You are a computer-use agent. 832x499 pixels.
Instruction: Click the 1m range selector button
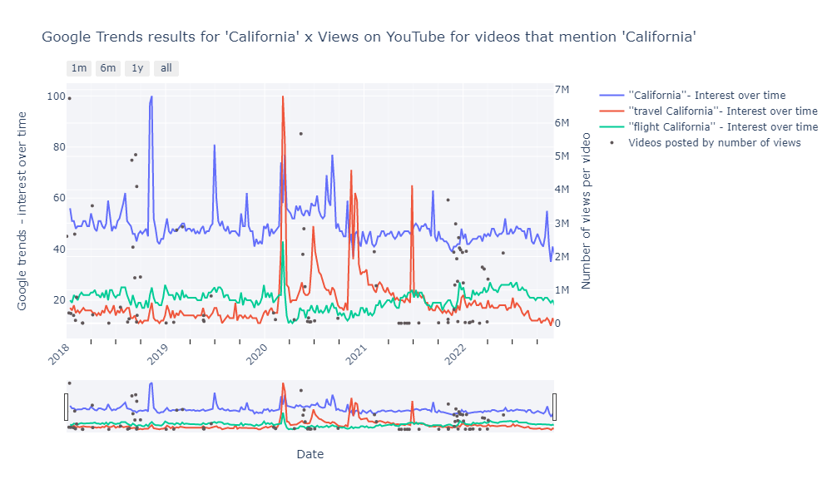tap(79, 68)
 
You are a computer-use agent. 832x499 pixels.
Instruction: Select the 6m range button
tap(108, 68)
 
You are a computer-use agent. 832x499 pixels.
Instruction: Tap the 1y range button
tap(137, 68)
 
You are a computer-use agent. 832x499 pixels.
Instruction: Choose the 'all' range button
tap(166, 68)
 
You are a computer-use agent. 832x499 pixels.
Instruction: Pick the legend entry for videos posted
tap(714, 142)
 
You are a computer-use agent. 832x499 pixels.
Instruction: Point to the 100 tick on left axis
tap(56, 96)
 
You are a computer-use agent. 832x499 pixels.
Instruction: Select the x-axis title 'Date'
tap(310, 454)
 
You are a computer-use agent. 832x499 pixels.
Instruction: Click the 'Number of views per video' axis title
tap(587, 210)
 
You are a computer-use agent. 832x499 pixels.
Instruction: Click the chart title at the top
tap(369, 37)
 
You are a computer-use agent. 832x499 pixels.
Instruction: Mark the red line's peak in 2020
tap(283, 96)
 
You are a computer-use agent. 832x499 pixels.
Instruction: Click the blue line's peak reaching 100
tap(151, 96)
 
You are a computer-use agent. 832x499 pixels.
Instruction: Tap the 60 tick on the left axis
tap(58, 198)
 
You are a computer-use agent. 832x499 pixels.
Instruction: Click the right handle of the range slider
tap(554, 407)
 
